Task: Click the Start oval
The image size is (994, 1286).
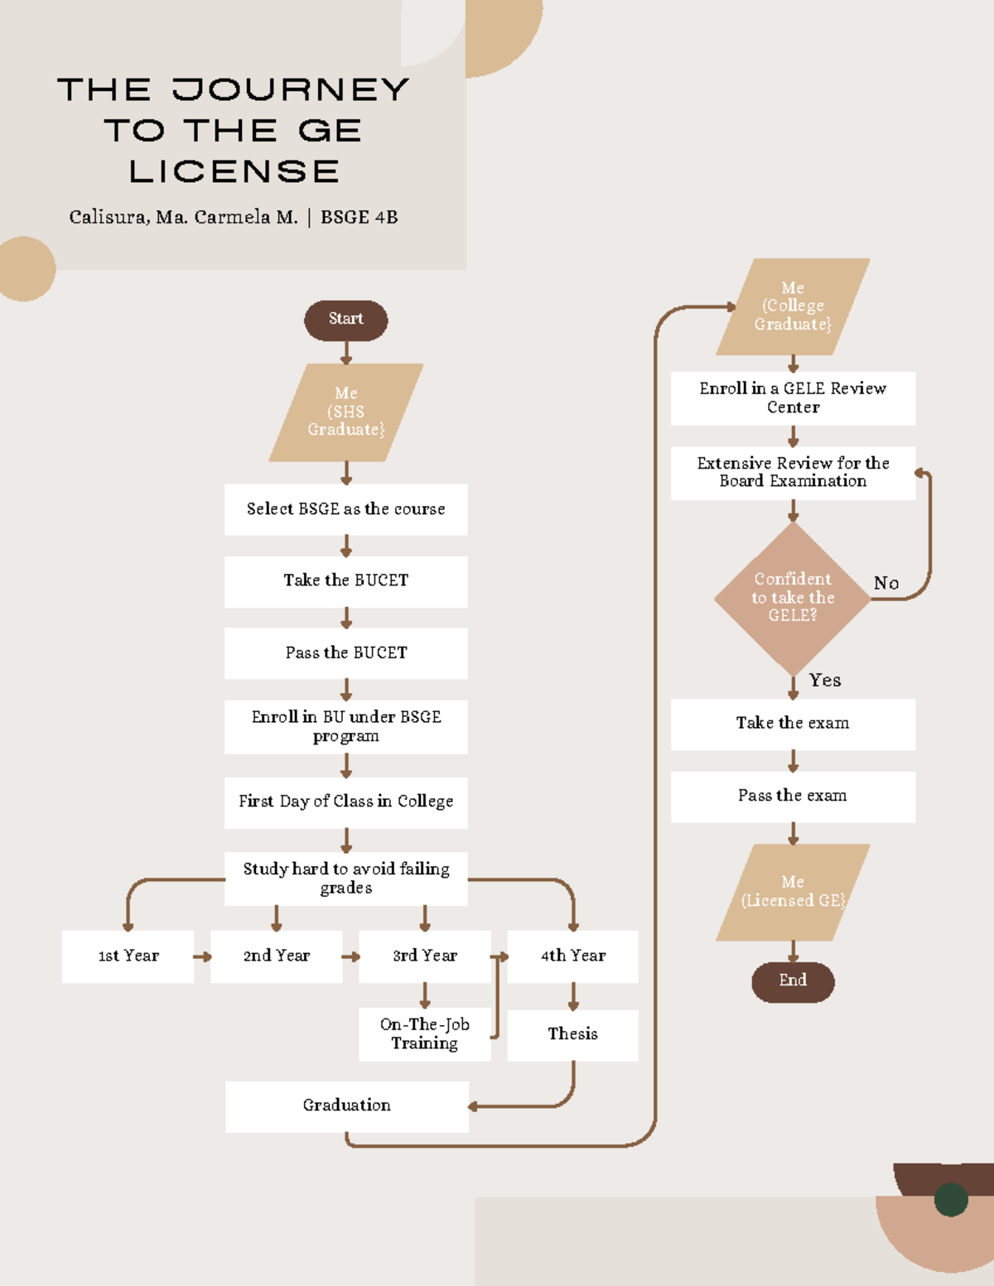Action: [345, 320]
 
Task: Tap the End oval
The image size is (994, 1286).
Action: [793, 981]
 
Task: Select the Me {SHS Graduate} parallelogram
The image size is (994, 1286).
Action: [345, 412]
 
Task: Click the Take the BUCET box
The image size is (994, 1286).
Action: [345, 581]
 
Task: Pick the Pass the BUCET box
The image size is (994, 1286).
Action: [345, 653]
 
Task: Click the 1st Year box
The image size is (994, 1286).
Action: [128, 956]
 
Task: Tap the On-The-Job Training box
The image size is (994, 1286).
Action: [424, 1034]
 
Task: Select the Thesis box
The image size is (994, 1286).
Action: [572, 1034]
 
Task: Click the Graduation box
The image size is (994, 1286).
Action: [346, 1106]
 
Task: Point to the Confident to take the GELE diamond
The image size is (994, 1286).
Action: [792, 598]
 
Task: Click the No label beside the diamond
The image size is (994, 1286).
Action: [886, 584]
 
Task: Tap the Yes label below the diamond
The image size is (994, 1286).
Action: [825, 681]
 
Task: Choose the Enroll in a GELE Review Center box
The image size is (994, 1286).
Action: [793, 398]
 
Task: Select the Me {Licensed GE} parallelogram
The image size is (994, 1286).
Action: [793, 892]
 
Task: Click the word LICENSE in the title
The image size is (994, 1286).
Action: [234, 171]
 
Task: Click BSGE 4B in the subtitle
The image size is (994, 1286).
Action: [359, 218]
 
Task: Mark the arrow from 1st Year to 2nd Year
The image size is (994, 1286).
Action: [202, 956]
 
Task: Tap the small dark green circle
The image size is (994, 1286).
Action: [950, 1199]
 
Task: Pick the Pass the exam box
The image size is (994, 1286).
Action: [793, 797]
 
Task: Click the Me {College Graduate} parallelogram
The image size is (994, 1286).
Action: [793, 306]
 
